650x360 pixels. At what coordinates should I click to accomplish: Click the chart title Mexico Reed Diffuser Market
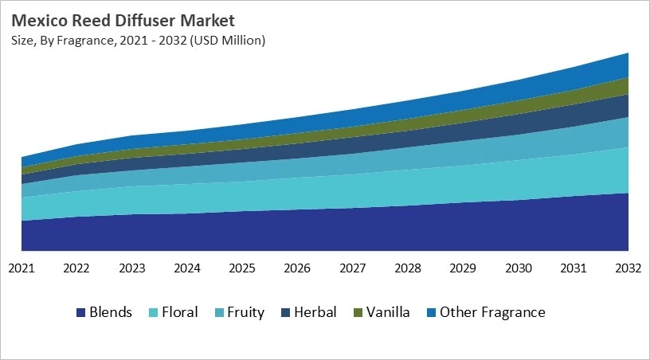point(123,19)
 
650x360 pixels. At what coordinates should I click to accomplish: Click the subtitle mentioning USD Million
point(138,39)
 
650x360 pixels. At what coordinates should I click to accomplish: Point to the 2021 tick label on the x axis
point(22,269)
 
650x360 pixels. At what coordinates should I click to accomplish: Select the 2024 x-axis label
point(187,269)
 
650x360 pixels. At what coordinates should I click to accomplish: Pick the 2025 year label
point(242,269)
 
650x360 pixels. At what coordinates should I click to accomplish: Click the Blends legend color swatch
point(80,312)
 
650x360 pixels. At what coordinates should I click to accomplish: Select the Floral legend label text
point(179,312)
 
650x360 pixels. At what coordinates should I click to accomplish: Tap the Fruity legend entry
point(245,312)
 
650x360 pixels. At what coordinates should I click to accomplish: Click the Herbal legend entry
point(315,312)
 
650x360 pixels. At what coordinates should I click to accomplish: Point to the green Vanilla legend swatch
point(358,312)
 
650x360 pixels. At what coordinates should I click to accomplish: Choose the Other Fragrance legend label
point(492,312)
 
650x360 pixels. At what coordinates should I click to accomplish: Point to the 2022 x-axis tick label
point(76,269)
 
